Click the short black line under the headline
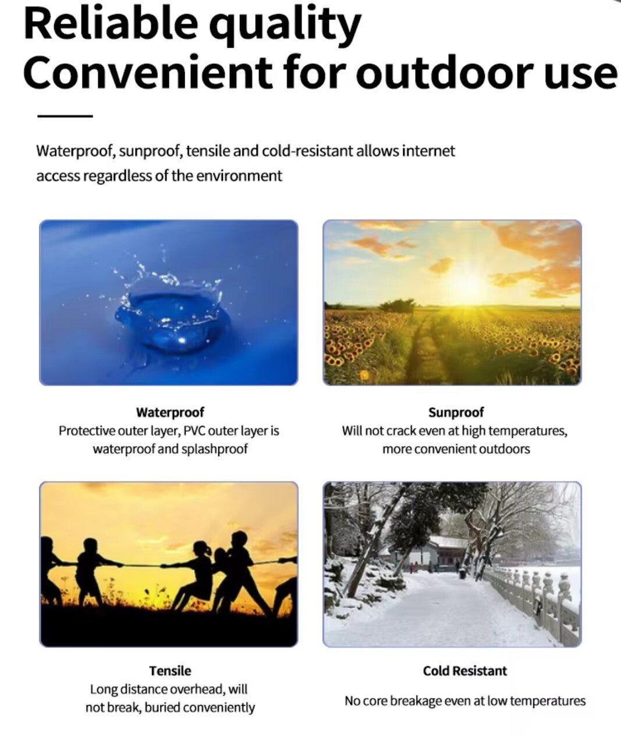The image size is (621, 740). tap(65, 116)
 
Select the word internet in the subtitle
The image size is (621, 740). tap(428, 151)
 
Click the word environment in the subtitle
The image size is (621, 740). tap(239, 176)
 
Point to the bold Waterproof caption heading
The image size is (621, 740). tap(170, 412)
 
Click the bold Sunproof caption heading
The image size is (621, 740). tap(456, 412)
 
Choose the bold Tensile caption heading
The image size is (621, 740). tap(170, 671)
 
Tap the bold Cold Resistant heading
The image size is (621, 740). tap(464, 671)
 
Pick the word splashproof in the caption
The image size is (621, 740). tap(214, 449)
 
